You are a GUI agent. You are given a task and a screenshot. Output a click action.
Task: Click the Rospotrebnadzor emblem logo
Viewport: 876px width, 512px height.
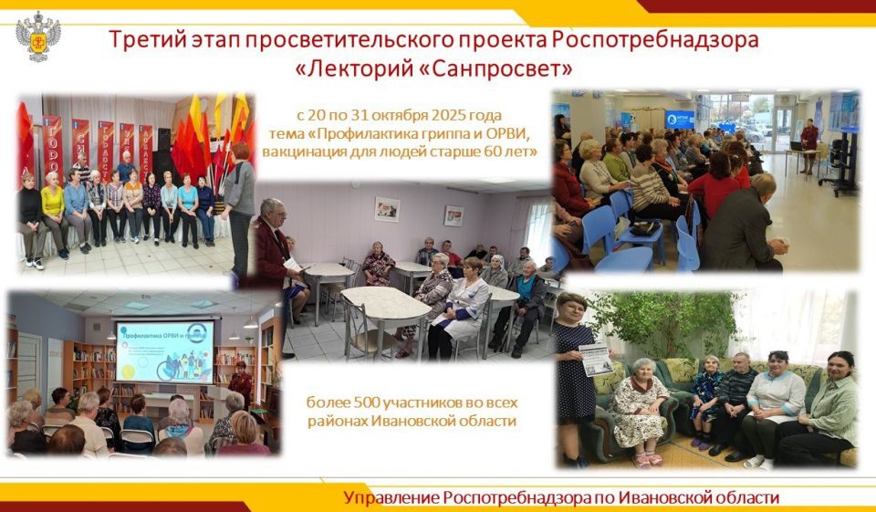(38, 36)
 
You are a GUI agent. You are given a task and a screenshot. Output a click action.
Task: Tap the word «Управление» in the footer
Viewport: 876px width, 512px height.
(391, 497)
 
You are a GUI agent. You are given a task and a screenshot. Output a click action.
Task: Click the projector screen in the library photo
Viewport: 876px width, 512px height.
(164, 350)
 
